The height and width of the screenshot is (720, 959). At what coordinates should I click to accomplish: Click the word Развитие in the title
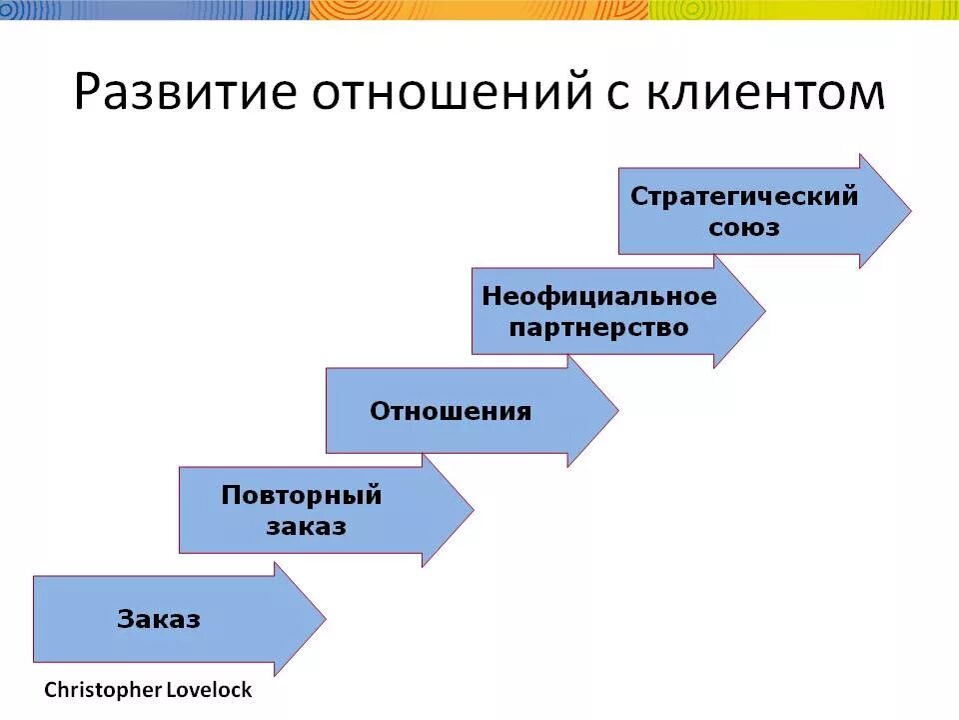coord(186,93)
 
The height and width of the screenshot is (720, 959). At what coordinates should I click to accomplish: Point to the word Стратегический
coord(744,196)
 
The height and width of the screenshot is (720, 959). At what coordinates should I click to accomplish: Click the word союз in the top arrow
coord(744,227)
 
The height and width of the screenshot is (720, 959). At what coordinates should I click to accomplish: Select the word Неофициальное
coord(599,296)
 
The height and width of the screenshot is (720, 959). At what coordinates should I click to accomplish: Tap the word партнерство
coord(599,327)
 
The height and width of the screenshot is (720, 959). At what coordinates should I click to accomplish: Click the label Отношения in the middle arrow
coord(451,411)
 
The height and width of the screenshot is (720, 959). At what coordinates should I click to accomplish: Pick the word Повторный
coord(302,495)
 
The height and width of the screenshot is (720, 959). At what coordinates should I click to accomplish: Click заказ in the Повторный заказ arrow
coord(307,526)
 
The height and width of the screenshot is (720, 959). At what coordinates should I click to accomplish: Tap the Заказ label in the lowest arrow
coord(159,619)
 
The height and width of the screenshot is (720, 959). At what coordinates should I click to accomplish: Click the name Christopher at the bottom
coord(98,690)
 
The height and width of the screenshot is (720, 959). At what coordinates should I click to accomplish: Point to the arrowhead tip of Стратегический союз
coord(909,211)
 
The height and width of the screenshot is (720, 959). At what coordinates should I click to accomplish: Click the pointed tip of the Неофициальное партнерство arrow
coord(763,311)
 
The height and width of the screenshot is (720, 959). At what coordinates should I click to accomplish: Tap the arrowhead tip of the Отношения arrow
coord(616,411)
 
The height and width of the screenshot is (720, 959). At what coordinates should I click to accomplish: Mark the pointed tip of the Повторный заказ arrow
coord(472,510)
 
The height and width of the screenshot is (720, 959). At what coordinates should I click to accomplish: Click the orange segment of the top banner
coord(479,10)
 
